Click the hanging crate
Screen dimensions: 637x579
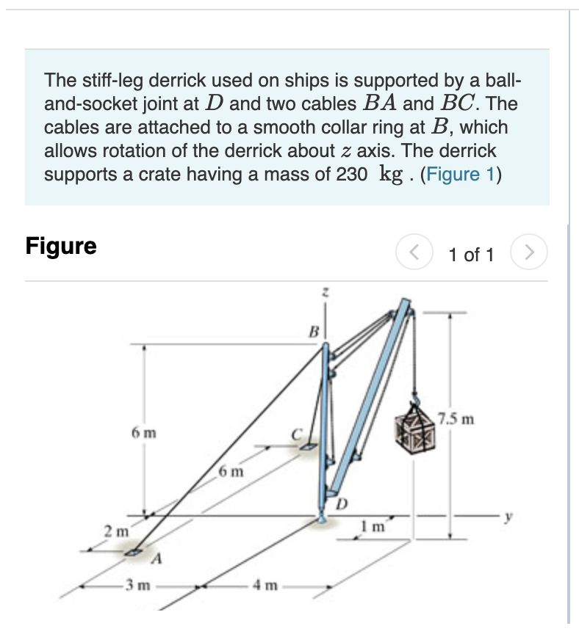[x=414, y=428]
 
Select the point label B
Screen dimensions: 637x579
[x=312, y=332]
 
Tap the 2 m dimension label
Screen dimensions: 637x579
[x=114, y=529]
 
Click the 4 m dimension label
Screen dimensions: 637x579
[x=262, y=587]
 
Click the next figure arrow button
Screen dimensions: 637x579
[x=533, y=254]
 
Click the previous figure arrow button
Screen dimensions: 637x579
[x=411, y=254]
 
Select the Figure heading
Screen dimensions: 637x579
[x=61, y=246]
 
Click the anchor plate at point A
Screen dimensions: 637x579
[x=133, y=552]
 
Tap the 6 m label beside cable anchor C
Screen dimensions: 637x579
[x=231, y=470]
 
